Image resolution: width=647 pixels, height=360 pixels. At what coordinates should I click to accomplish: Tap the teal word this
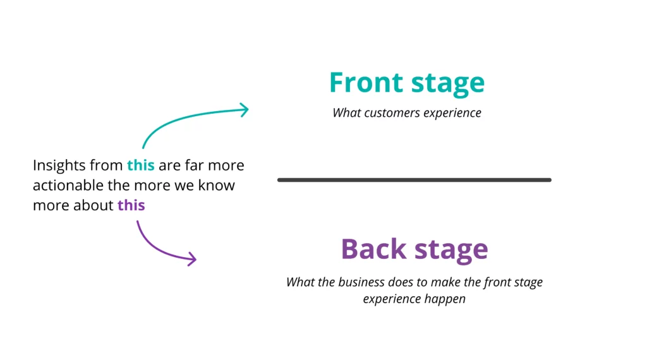140,165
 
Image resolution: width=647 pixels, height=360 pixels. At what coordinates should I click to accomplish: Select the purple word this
131,205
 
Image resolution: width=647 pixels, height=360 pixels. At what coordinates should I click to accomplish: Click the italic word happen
445,299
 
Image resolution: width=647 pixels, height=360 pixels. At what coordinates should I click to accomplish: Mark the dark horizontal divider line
414,180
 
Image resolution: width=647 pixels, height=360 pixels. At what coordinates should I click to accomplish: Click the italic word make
441,282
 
